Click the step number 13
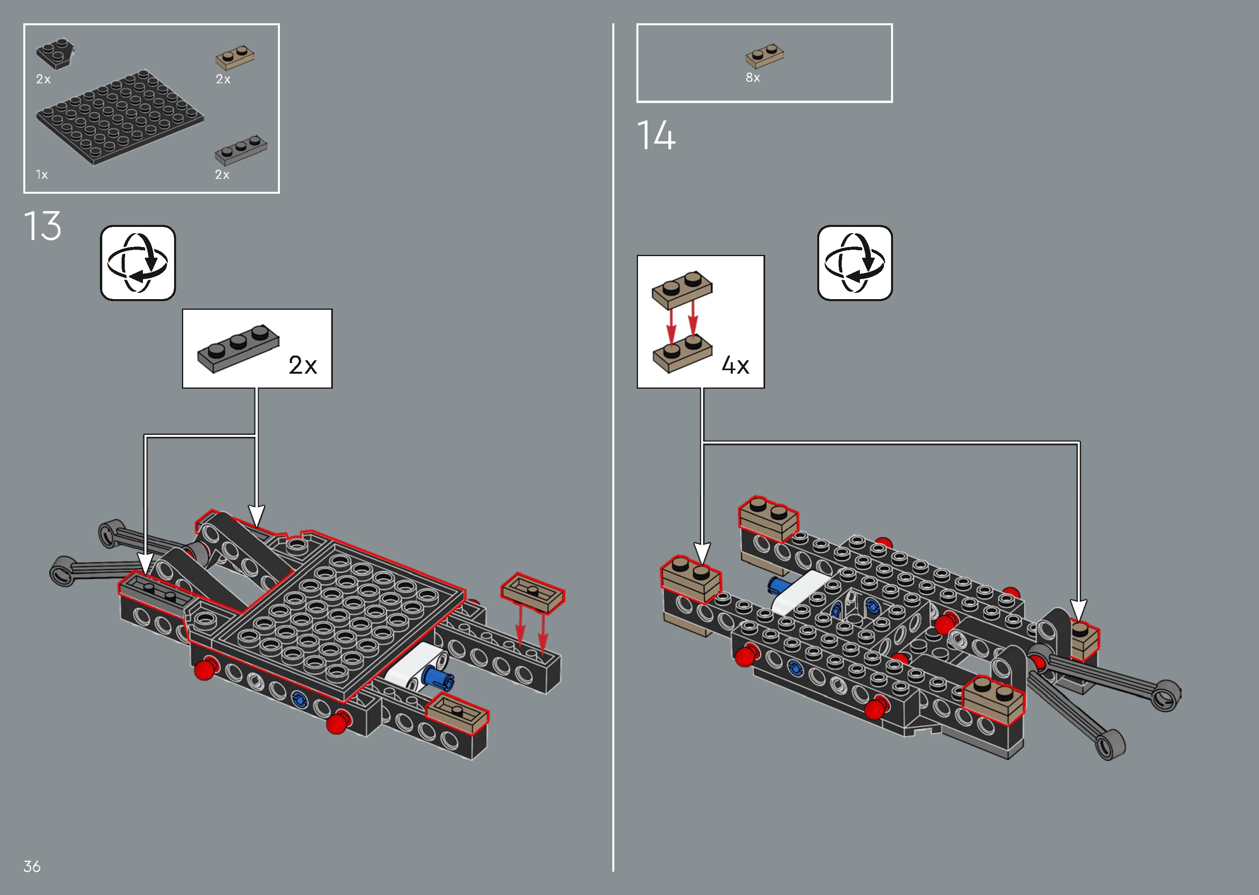coord(43,226)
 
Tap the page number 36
coord(32,866)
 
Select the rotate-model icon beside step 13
coord(138,263)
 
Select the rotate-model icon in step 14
coord(855,263)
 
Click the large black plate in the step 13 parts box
coord(120,117)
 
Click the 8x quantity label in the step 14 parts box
coord(753,78)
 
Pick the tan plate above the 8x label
coord(765,56)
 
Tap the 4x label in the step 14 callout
coord(736,365)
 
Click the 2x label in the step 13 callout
coord(303,365)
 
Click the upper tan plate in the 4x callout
coord(682,289)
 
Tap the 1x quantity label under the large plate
coord(42,175)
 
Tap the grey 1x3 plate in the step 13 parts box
coord(241,150)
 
